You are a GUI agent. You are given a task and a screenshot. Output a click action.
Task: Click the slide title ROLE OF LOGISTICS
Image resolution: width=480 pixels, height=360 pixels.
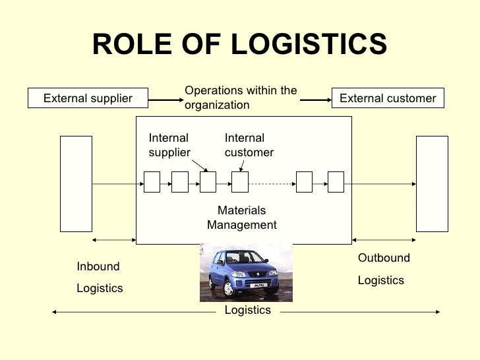pos(239,45)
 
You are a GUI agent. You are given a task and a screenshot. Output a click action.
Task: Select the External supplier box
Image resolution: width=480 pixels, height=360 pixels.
pos(88,99)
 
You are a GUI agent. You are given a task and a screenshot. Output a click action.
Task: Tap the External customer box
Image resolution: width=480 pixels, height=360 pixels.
pos(387,99)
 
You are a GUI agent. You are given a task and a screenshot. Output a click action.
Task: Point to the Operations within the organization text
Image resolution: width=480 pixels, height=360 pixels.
pos(240,98)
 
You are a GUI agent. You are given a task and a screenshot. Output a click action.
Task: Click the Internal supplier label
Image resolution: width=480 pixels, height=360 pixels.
pos(169,145)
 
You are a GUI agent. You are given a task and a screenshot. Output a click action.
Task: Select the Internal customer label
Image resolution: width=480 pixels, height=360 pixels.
pos(249,145)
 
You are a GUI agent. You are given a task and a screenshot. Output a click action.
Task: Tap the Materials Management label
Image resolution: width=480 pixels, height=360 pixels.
pos(241,218)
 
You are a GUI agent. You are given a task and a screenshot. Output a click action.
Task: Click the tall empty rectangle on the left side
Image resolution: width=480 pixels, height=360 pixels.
pos(76,183)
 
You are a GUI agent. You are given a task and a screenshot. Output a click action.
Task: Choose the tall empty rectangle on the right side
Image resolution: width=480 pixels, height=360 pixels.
pos(432,183)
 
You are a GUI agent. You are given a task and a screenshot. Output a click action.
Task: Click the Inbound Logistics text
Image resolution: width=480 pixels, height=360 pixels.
pos(100,278)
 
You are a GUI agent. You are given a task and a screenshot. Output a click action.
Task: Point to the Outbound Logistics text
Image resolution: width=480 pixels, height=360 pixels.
pos(383,269)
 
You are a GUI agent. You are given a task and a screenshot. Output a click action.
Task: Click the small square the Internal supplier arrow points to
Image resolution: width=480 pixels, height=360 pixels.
pos(208,181)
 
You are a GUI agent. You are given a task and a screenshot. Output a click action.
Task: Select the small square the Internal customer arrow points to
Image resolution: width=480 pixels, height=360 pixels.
pos(239,181)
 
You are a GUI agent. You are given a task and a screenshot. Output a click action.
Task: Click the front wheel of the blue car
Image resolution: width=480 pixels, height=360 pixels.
pos(229,289)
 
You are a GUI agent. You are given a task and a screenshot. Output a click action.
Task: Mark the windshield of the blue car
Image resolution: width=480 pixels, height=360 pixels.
pos(235,258)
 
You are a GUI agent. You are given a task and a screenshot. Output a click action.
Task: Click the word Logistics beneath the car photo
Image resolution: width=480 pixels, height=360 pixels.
pos(247,310)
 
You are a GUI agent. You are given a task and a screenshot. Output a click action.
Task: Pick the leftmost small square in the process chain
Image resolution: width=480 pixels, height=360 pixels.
pos(152,181)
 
